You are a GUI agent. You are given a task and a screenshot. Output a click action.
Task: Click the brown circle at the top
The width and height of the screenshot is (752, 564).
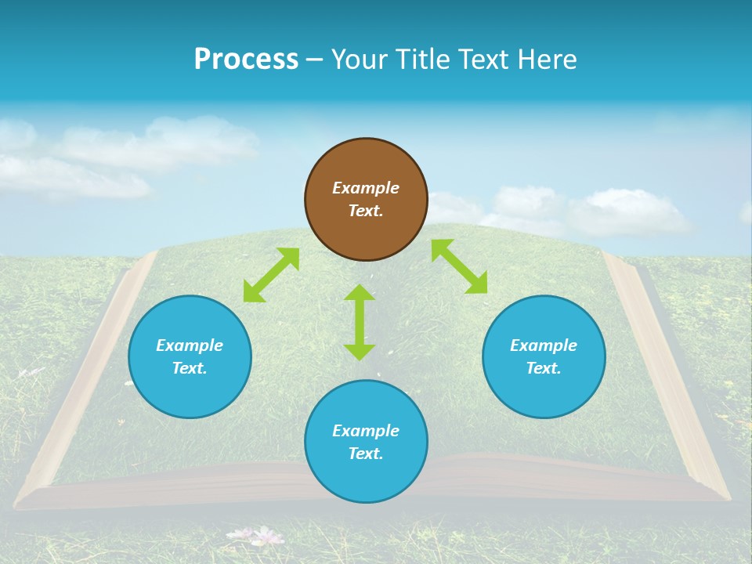[366, 199]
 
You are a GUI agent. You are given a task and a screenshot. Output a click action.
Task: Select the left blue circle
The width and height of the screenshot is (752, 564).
[190, 356]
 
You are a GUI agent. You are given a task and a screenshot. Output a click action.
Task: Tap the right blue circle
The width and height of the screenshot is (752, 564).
[544, 356]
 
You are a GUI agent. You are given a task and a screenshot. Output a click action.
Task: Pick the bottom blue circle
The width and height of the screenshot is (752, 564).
[366, 442]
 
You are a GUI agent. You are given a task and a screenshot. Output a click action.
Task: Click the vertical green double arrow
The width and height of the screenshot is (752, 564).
[360, 322]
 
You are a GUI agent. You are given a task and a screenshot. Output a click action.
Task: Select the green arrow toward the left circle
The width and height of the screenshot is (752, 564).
[271, 275]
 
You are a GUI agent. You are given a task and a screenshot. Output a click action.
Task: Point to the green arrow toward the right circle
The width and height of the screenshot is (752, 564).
[460, 266]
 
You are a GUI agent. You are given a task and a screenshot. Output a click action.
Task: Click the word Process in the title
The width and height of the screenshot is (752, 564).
[246, 60]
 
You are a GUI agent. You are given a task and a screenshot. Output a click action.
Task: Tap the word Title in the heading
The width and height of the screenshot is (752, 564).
[423, 60]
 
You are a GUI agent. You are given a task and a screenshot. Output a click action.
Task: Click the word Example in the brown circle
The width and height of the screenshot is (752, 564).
[366, 188]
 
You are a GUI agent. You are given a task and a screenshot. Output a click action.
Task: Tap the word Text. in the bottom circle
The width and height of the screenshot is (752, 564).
[366, 454]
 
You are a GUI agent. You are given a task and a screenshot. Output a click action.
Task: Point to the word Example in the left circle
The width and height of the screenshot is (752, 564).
[190, 345]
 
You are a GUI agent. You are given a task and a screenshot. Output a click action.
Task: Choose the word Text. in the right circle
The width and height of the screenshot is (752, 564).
[544, 368]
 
